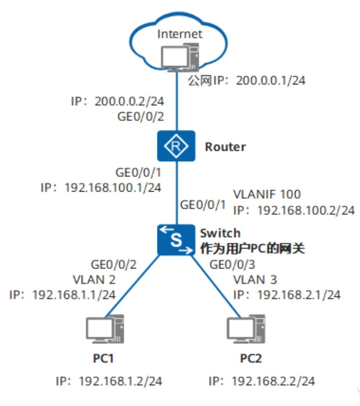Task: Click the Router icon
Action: [176, 146]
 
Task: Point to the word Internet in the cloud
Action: [179, 34]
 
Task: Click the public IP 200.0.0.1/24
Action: [269, 81]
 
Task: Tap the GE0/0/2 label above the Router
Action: [140, 117]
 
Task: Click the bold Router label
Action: [225, 147]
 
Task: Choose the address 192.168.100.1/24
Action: [113, 187]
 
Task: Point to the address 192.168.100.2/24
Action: [306, 210]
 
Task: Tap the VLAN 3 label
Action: [255, 279]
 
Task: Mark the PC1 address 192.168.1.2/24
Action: [121, 381]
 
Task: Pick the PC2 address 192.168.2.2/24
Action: [274, 381]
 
